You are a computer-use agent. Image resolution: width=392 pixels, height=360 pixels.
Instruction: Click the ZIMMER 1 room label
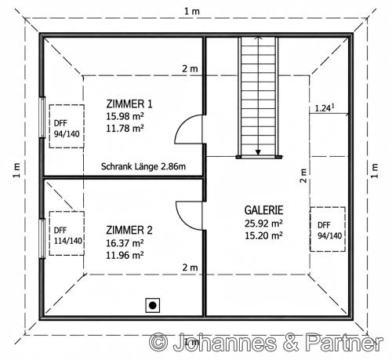pyautogui.click(x=129, y=104)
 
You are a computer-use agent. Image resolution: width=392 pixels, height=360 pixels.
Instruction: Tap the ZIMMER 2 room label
pyautogui.click(x=129, y=230)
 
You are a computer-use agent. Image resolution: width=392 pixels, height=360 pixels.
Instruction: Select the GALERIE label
pyautogui.click(x=263, y=210)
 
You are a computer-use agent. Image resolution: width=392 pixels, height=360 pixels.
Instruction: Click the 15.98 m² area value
pyautogui.click(x=125, y=116)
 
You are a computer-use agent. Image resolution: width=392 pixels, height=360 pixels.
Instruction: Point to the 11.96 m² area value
pyautogui.click(x=125, y=255)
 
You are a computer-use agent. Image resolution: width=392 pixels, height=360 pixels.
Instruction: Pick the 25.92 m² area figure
pyautogui.click(x=263, y=224)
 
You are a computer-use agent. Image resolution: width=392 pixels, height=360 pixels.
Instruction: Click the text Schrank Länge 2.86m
pyautogui.click(x=143, y=166)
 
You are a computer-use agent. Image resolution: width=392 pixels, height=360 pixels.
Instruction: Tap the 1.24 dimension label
pyautogui.click(x=325, y=107)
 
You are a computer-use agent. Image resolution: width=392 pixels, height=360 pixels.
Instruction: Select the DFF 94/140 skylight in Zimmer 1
pyautogui.click(x=67, y=126)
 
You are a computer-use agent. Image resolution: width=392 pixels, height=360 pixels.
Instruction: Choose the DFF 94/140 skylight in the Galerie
pyautogui.click(x=328, y=229)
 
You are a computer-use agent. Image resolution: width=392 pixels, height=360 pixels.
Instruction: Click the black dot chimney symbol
pyautogui.click(x=153, y=305)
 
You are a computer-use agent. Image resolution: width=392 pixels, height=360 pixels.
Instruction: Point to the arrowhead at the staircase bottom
pyautogui.click(x=258, y=152)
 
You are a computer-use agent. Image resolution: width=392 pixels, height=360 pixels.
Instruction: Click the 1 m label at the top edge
pyautogui.click(x=192, y=11)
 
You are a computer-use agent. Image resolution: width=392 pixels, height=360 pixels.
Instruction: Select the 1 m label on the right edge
pyautogui.click(x=375, y=170)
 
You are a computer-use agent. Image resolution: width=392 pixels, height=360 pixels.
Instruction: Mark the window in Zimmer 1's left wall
pyautogui.click(x=42, y=117)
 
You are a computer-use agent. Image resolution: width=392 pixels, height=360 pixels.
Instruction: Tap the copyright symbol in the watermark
pyautogui.click(x=158, y=343)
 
